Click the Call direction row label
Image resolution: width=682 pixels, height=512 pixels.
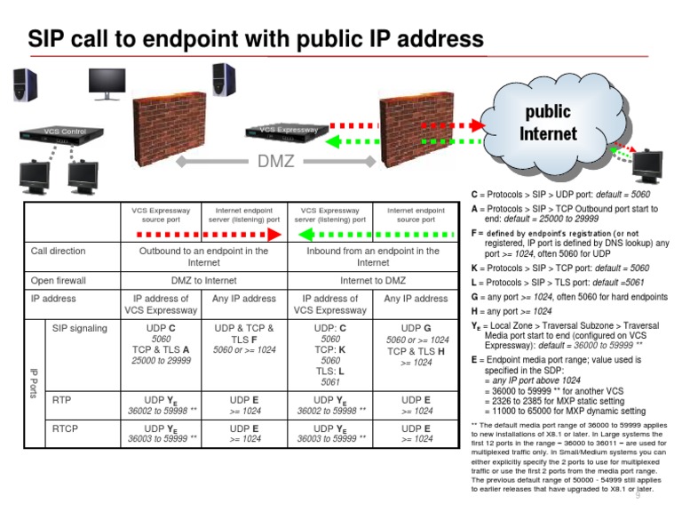[x=59, y=252]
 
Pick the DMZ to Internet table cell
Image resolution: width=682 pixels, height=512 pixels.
[x=203, y=281]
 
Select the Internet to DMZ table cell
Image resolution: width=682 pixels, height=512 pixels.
[x=373, y=281]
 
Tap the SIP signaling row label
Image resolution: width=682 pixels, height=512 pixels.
[x=80, y=328]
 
